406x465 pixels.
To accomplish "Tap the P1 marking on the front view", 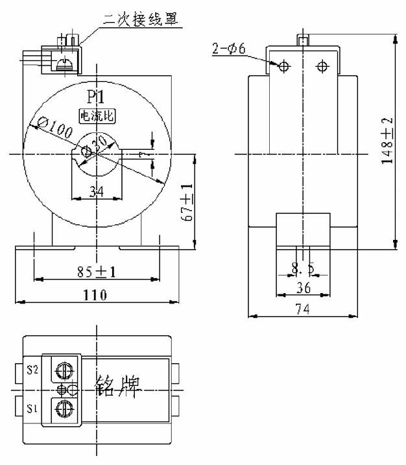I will tap(95, 98).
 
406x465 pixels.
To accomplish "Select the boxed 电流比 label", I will tap(95, 116).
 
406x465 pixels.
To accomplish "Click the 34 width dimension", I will tap(95, 191).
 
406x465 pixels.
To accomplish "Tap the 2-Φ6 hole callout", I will tap(229, 47).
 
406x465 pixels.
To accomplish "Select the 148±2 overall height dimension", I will tap(387, 143).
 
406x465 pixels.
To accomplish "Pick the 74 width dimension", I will tap(303, 310).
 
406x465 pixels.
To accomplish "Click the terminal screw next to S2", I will tap(63, 370).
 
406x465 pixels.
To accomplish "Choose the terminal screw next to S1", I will tap(63, 409).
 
